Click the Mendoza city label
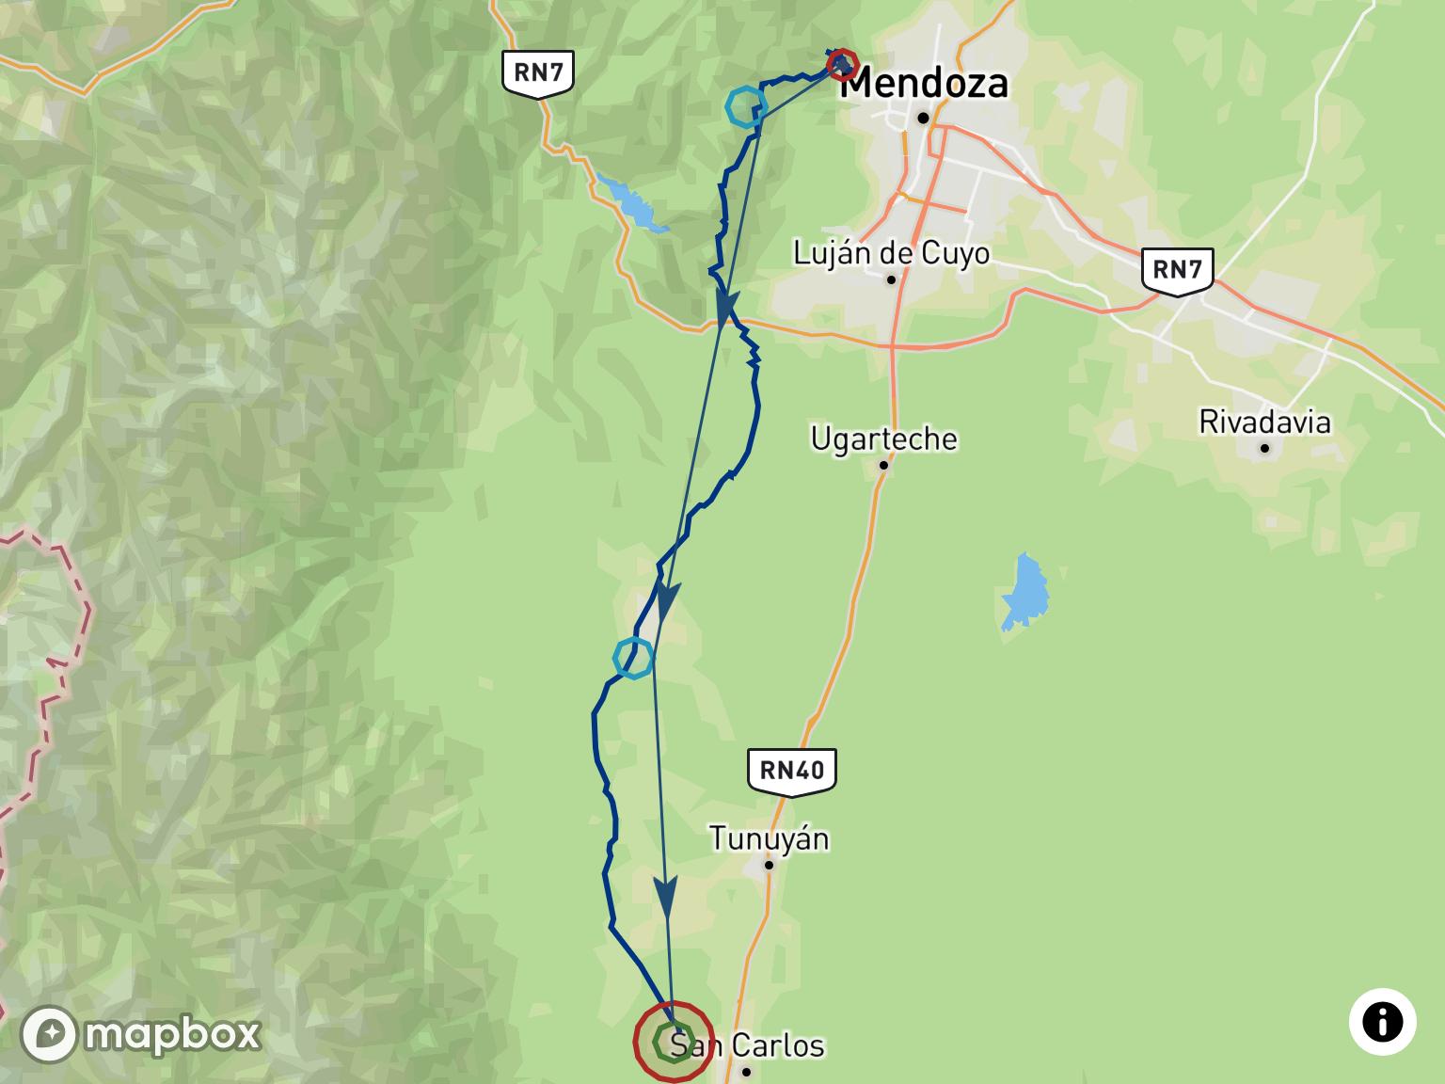pyautogui.click(x=924, y=84)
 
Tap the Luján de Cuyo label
pyautogui.click(x=891, y=253)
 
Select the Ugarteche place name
pyautogui.click(x=883, y=438)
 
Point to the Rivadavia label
pyautogui.click(x=1264, y=422)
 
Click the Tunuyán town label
pyautogui.click(x=769, y=838)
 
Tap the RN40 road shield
pyautogui.click(x=791, y=771)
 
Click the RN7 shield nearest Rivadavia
pyautogui.click(x=1177, y=270)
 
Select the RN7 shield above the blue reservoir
pyautogui.click(x=538, y=72)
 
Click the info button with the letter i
pyautogui.click(x=1382, y=1022)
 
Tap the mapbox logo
pyautogui.click(x=141, y=1034)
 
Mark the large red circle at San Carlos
pyautogui.click(x=673, y=1042)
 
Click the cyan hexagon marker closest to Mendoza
pyautogui.click(x=745, y=106)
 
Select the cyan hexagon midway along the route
pyautogui.click(x=633, y=658)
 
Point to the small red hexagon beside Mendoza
pyautogui.click(x=841, y=65)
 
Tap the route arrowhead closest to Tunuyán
pyautogui.click(x=666, y=898)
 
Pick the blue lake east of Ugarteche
pyautogui.click(x=1024, y=591)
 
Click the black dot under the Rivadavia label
pyautogui.click(x=1264, y=448)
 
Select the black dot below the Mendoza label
pyautogui.click(x=924, y=118)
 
